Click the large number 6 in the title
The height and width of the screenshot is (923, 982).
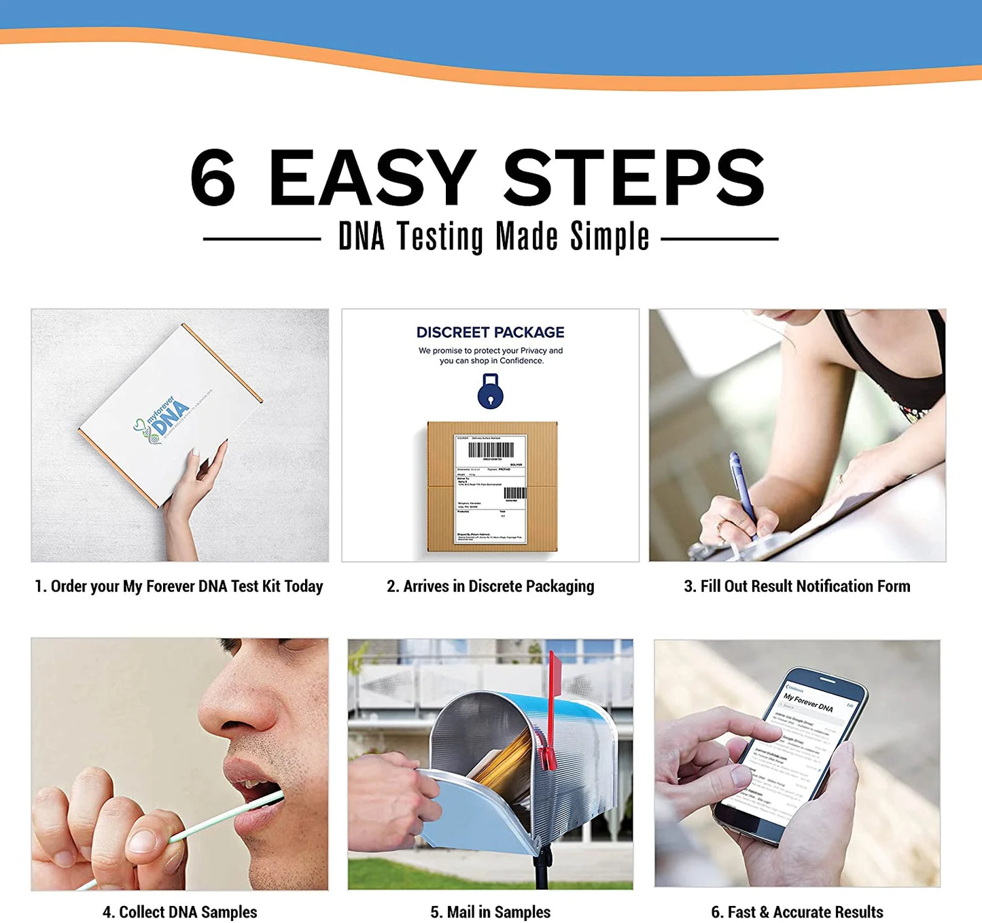coord(213,178)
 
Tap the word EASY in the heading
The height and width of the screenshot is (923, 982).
coord(372,178)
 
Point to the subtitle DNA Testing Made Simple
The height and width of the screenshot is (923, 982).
coord(493,237)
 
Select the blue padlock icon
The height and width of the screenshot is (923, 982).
coord(490,392)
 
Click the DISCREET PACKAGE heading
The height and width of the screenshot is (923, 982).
coord(490,332)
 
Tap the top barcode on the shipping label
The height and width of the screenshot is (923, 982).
coord(491,450)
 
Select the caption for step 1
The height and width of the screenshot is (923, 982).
coord(179,586)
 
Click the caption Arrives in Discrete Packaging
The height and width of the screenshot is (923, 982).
coord(490,586)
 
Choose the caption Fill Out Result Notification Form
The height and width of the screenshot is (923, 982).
coord(796,586)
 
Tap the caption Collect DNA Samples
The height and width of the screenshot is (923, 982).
coord(179,911)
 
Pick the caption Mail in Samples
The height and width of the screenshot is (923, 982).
coord(490,911)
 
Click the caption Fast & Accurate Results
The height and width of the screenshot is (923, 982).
coord(796,911)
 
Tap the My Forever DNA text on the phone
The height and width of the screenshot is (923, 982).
coord(808,702)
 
